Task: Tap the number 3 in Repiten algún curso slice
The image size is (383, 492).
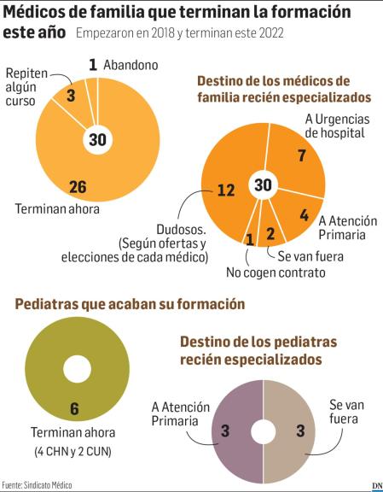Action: (x=72, y=96)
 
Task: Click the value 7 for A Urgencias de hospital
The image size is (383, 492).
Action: (x=301, y=155)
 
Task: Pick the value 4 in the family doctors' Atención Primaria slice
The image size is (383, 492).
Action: (x=305, y=215)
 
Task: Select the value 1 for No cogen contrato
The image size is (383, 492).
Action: (x=249, y=240)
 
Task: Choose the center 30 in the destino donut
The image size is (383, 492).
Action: (x=264, y=184)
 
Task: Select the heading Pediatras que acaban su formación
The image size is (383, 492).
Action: (x=125, y=304)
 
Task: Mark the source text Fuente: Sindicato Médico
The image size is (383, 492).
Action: (x=38, y=484)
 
